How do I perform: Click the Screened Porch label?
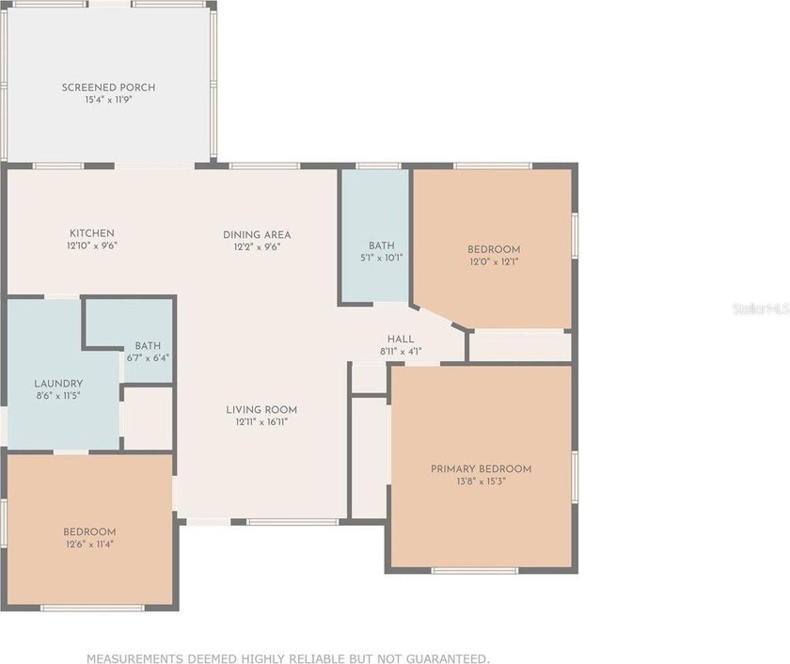(x=108, y=87)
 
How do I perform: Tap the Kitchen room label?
(x=92, y=233)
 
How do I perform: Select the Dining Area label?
(x=257, y=235)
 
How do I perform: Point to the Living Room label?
(x=261, y=409)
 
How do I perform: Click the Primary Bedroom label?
(x=482, y=469)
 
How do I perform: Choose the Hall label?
(x=401, y=340)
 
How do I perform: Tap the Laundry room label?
(x=58, y=384)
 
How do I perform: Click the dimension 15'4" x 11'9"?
(x=108, y=100)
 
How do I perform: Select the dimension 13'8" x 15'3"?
(x=482, y=482)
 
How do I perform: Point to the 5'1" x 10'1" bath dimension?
(x=382, y=258)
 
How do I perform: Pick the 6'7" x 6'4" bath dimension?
(x=148, y=357)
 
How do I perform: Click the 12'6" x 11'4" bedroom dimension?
(x=89, y=545)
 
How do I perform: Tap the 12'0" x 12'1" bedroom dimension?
(x=494, y=261)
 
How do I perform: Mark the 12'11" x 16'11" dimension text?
(x=261, y=422)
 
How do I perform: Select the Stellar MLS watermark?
(x=761, y=308)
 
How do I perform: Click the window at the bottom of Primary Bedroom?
(x=475, y=571)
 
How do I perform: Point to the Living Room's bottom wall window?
(x=292, y=522)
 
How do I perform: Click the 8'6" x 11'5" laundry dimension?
(x=58, y=396)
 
